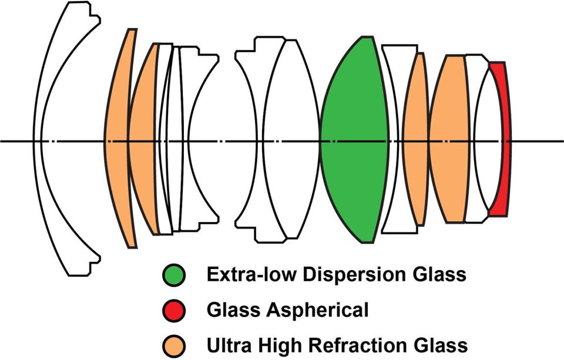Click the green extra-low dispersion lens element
pos(352,141)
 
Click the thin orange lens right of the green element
pos(417,141)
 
